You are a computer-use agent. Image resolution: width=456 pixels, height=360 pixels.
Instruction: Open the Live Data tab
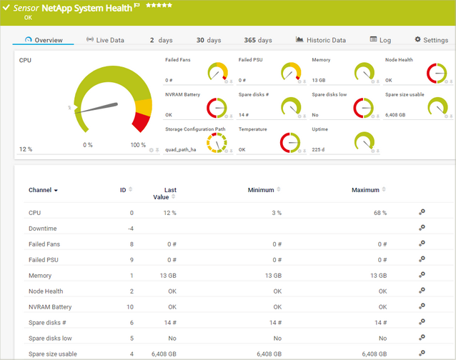105,40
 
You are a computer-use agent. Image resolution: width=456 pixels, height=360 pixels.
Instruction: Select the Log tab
380,40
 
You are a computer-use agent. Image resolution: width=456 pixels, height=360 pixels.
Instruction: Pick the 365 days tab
258,40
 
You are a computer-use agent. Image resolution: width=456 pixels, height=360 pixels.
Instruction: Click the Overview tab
44,40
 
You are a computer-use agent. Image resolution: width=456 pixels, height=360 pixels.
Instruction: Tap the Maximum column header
365,190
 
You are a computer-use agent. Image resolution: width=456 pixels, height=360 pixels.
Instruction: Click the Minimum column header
261,190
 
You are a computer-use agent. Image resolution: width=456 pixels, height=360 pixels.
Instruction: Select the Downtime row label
42,229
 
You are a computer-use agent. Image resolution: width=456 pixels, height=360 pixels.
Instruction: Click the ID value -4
130,229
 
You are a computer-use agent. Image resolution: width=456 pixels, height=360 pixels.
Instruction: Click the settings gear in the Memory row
422,276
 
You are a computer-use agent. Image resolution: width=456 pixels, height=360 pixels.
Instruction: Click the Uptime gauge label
319,129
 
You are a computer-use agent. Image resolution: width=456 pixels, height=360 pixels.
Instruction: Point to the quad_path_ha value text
180,150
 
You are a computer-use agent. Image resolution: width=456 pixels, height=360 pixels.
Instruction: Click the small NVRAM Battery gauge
217,107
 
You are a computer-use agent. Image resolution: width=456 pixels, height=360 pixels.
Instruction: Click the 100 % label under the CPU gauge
138,145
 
